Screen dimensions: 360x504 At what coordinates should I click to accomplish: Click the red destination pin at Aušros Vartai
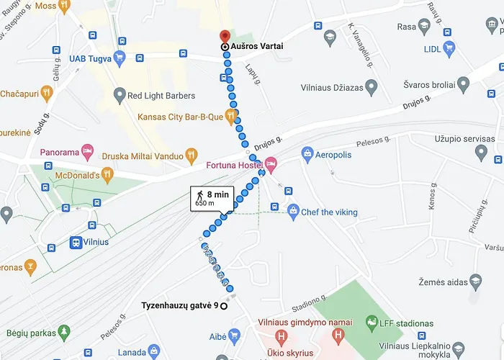pyautogui.click(x=224, y=36)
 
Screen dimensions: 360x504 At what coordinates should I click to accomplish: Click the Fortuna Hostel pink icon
pyautogui.click(x=270, y=165)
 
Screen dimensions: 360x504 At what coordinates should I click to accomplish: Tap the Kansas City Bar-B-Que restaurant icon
pyautogui.click(x=231, y=115)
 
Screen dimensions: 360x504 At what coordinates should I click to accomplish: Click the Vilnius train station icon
pyautogui.click(x=75, y=242)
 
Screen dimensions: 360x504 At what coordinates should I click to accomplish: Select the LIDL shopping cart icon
pyautogui.click(x=449, y=50)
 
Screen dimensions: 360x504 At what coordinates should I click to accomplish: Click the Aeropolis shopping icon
pyautogui.click(x=307, y=154)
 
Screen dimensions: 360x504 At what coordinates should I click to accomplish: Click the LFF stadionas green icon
pyautogui.click(x=372, y=320)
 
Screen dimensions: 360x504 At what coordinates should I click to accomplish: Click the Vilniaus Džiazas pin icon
pyautogui.click(x=372, y=88)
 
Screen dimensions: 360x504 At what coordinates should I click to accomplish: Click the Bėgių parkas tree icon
pyautogui.click(x=65, y=332)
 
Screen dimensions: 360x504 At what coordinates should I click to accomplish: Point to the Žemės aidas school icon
pyautogui.click(x=475, y=281)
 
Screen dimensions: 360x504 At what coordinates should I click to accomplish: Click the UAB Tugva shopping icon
pyautogui.click(x=120, y=58)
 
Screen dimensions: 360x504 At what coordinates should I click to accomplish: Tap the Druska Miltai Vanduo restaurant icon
pyautogui.click(x=191, y=153)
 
